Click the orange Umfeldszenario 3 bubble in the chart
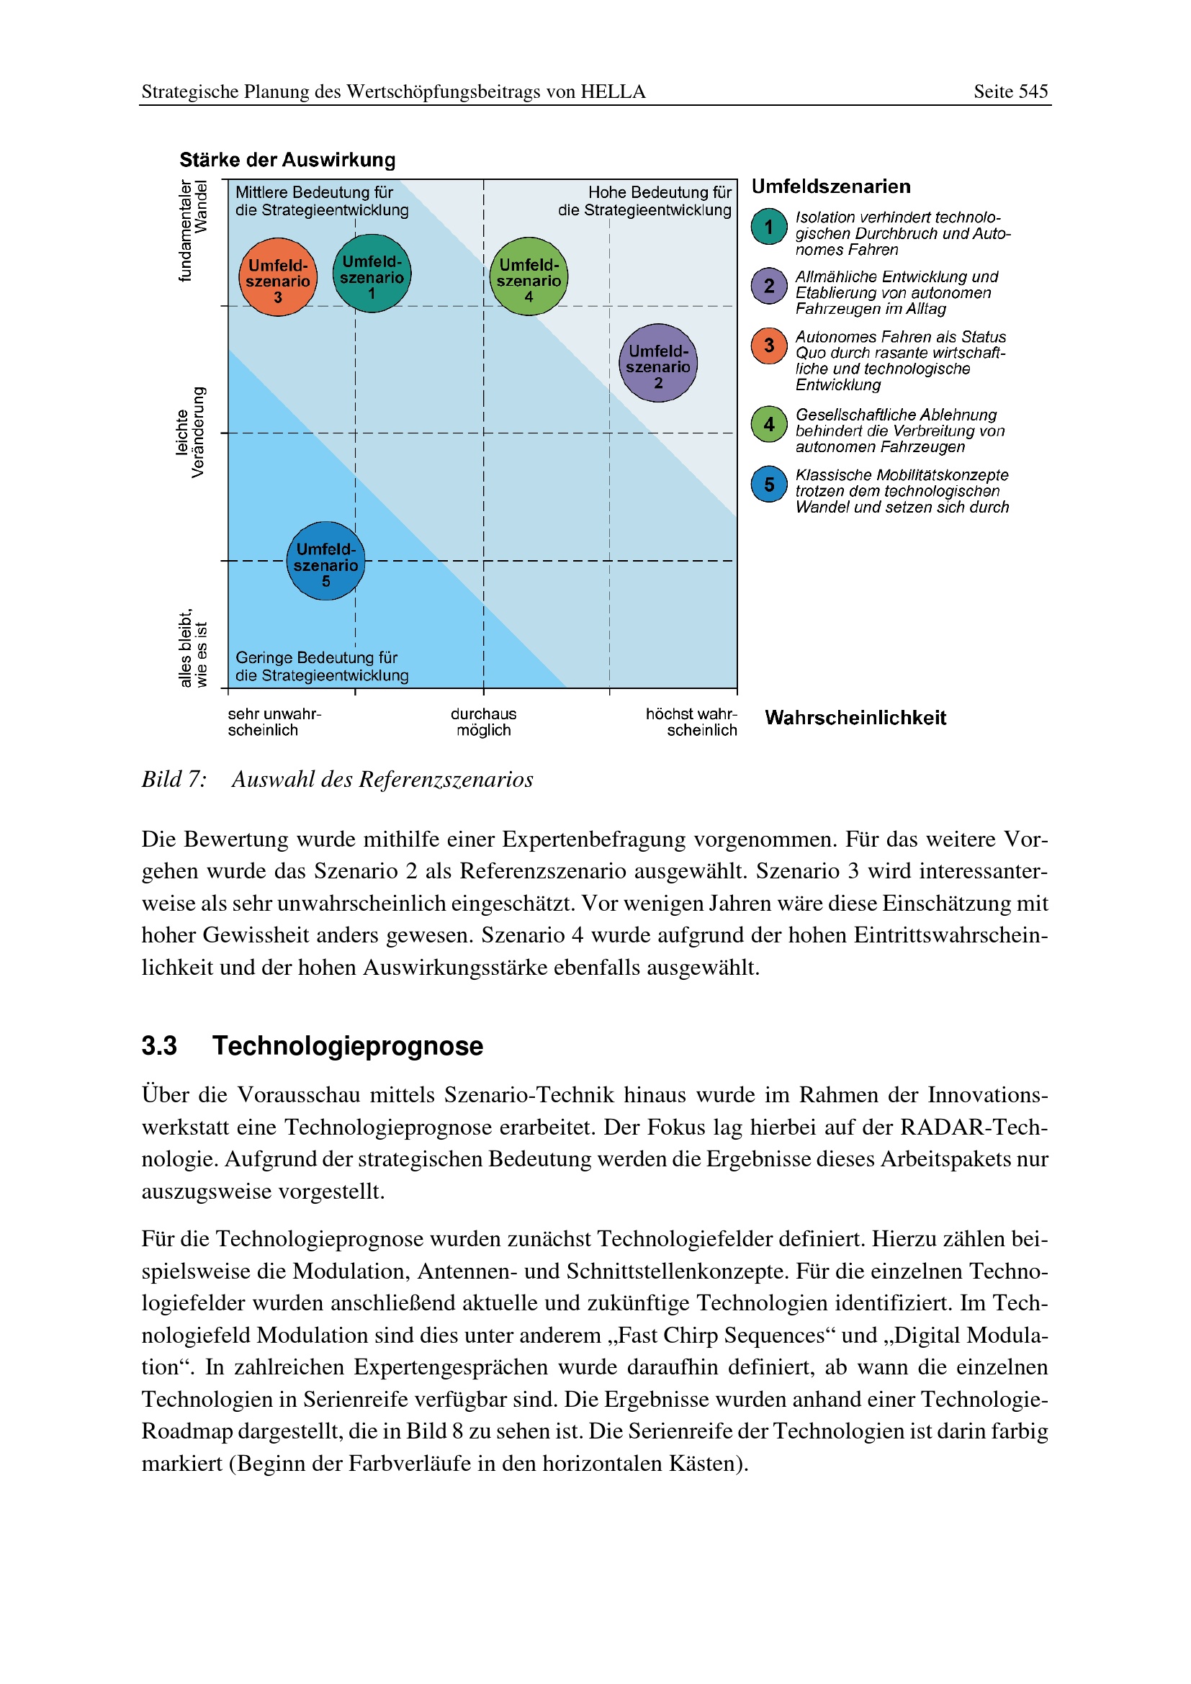point(278,277)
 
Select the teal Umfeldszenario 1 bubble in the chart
point(372,274)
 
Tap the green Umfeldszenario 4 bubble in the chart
point(529,276)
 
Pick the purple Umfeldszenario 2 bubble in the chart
point(658,363)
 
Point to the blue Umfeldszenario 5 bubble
point(325,561)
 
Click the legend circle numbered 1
point(768,227)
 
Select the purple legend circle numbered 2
point(768,286)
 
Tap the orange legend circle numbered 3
point(768,346)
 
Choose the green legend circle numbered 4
point(768,424)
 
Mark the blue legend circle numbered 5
point(768,484)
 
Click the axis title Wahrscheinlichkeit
point(855,718)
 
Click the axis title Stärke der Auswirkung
point(287,160)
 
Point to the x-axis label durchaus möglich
point(483,721)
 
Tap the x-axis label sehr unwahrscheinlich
point(274,721)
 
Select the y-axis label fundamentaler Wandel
point(194,230)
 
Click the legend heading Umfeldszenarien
point(831,186)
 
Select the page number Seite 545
point(1010,91)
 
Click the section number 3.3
point(159,1046)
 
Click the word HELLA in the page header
point(613,91)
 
